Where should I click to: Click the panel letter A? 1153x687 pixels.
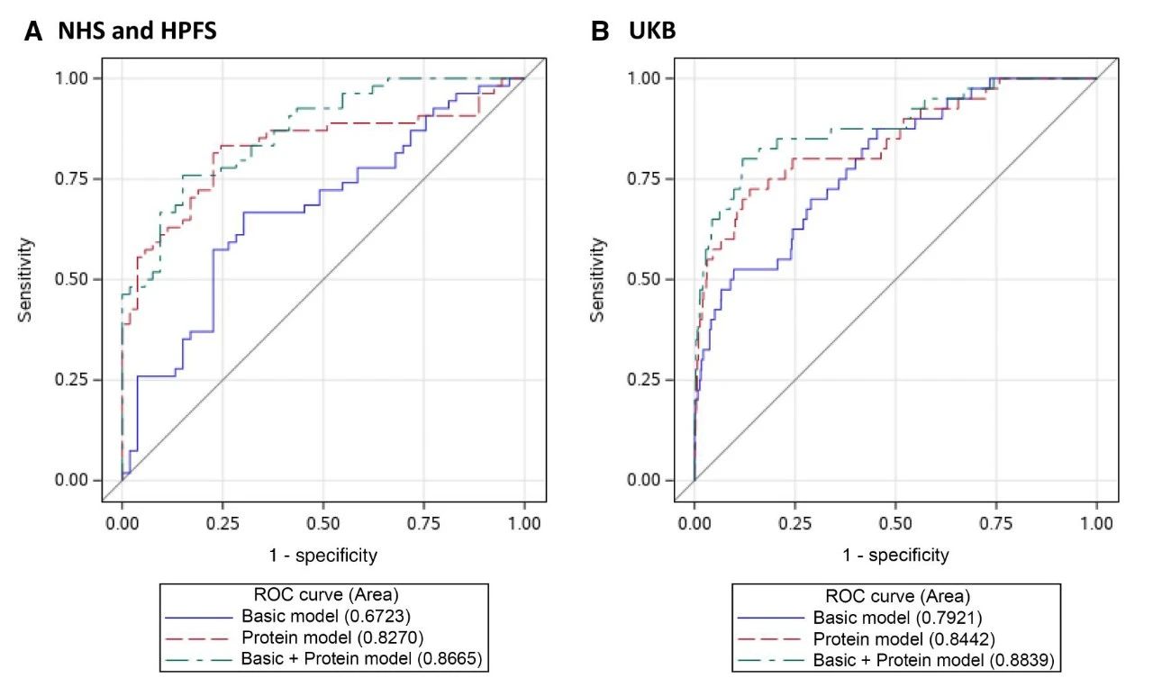point(34,32)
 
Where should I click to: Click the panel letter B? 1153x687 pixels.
point(599,32)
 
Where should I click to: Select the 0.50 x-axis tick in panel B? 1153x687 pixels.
point(895,521)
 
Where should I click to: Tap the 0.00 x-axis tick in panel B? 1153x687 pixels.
point(694,521)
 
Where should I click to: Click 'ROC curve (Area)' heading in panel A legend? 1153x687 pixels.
point(325,596)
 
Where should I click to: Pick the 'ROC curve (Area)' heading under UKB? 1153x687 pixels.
point(896,597)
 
